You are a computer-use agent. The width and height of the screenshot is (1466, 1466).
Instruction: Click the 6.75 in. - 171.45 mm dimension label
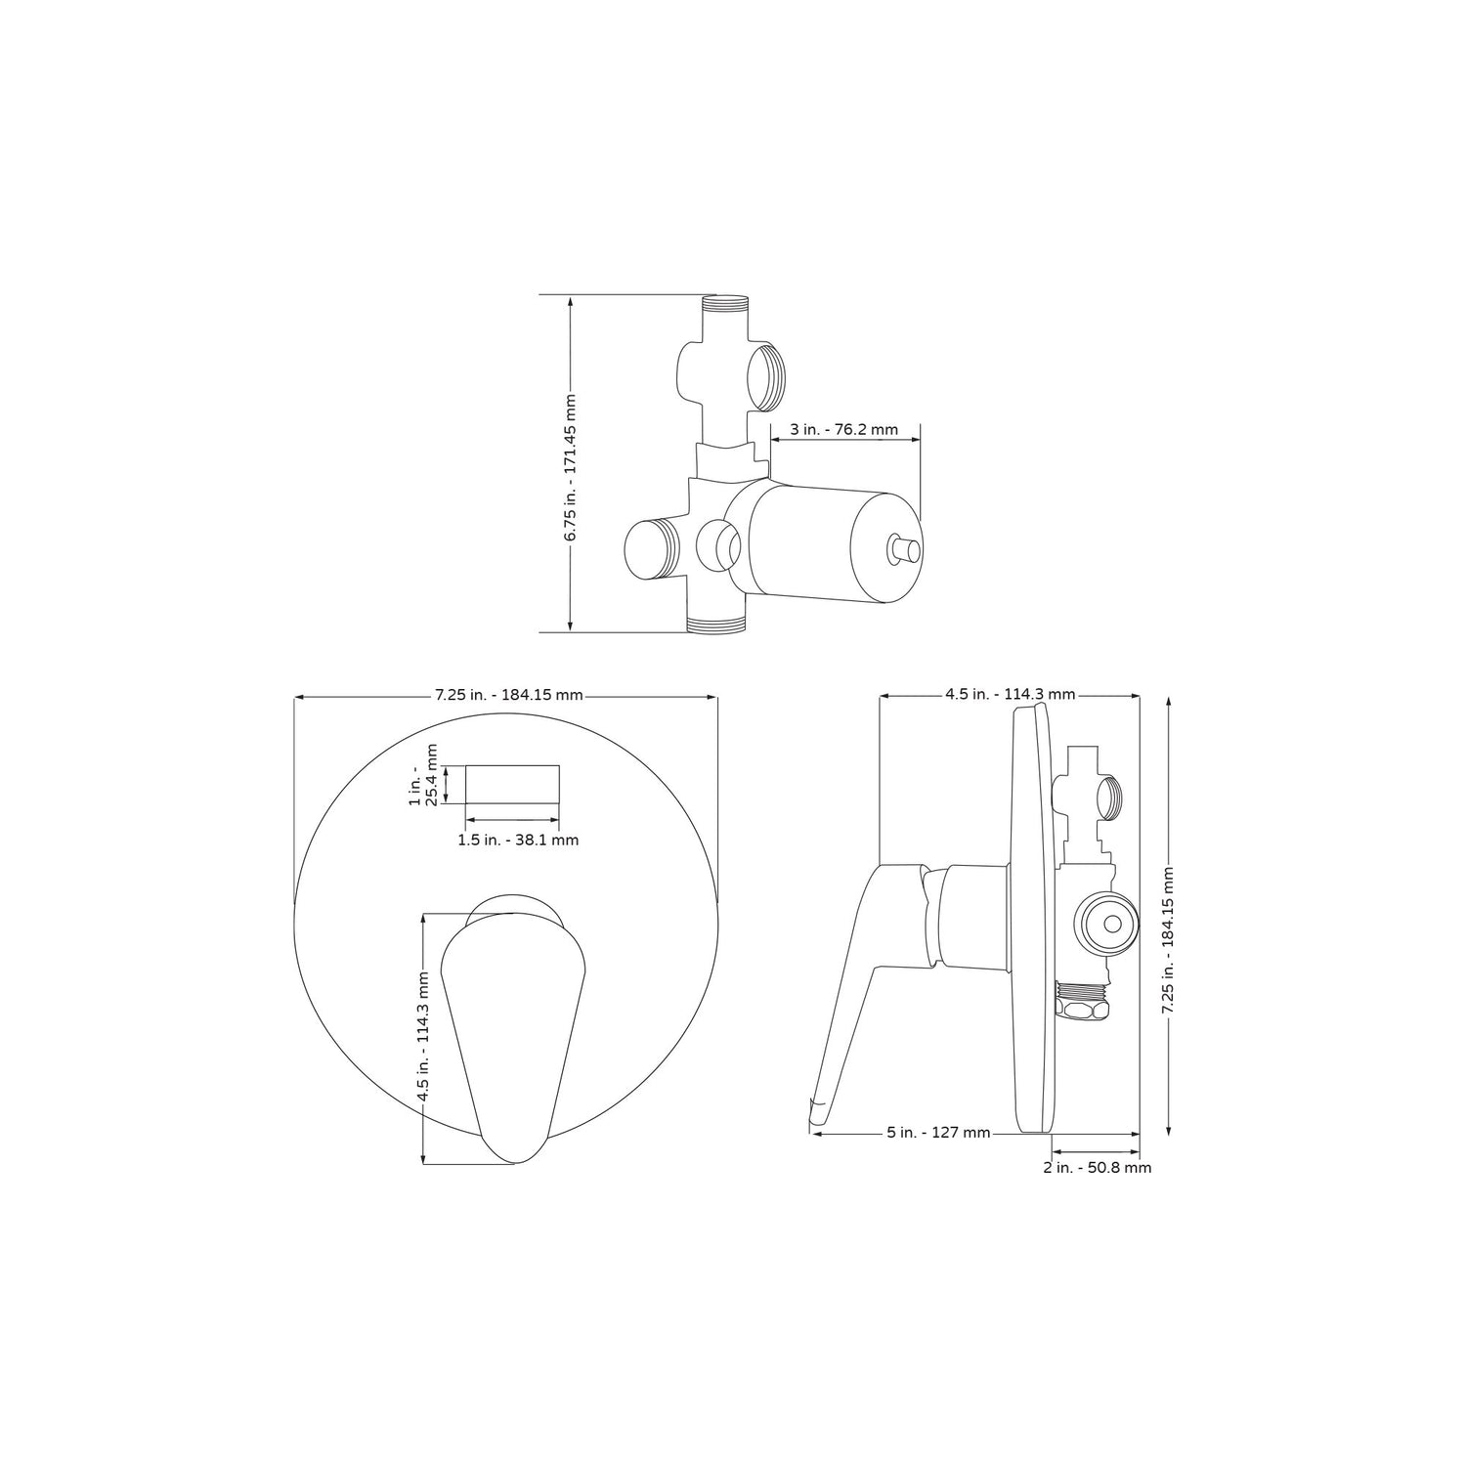coord(571,467)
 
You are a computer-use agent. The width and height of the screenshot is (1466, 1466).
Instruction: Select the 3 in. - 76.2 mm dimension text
coord(844,429)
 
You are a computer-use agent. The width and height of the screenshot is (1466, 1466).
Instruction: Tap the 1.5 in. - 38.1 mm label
coord(518,840)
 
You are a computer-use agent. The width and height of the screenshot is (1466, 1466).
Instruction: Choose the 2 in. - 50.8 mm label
coord(1097,1167)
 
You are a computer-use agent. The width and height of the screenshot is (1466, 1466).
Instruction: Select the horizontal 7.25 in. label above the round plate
coord(508,695)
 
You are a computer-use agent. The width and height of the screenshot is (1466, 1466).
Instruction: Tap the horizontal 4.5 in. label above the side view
coord(1010,695)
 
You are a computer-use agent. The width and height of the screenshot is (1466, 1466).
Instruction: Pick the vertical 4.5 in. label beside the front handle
coord(423,1037)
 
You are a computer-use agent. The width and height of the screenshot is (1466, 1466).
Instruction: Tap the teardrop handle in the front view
coord(513,1036)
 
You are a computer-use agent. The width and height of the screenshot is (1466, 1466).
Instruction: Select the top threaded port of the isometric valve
coord(724,305)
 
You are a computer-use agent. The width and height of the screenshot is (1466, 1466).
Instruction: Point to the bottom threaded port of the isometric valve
coord(716,625)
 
